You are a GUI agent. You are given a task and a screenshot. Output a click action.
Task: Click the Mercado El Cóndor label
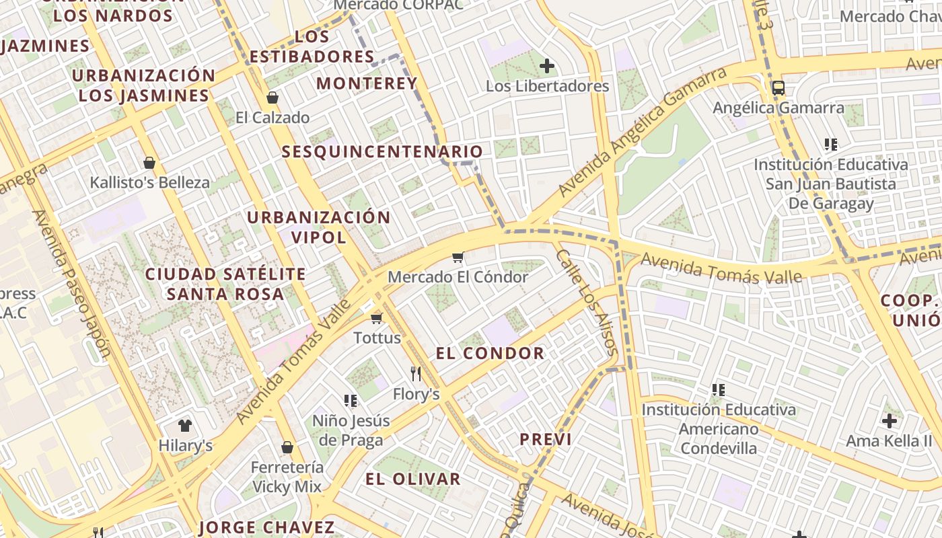pyautogui.click(x=458, y=277)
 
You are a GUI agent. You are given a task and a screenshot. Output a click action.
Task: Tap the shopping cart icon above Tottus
pyautogui.click(x=376, y=317)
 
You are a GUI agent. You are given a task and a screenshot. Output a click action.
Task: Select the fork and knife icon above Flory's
pyautogui.click(x=416, y=373)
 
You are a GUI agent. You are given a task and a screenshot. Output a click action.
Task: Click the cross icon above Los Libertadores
pyautogui.click(x=547, y=66)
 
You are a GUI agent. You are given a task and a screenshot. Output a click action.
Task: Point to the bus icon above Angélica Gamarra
pyautogui.click(x=778, y=87)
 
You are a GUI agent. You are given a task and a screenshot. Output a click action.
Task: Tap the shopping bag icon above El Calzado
pyautogui.click(x=273, y=98)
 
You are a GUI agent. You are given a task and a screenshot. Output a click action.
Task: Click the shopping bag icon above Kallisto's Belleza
pyautogui.click(x=149, y=162)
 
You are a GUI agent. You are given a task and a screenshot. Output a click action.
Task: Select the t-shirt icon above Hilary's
pyautogui.click(x=185, y=425)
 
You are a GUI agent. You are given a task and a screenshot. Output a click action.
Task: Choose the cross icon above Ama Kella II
pyautogui.click(x=889, y=421)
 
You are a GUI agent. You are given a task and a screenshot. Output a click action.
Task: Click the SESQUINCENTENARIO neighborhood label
pyautogui.click(x=382, y=152)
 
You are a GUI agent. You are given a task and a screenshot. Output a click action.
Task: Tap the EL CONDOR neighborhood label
pyautogui.click(x=490, y=353)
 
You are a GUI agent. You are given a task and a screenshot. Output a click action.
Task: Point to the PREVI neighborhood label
pyautogui.click(x=545, y=440)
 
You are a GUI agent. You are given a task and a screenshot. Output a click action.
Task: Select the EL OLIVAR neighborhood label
pyautogui.click(x=413, y=479)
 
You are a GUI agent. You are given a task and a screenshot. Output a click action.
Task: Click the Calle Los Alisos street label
pyautogui.click(x=587, y=302)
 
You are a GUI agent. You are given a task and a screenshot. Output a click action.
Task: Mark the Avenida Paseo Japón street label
pyautogui.click(x=71, y=282)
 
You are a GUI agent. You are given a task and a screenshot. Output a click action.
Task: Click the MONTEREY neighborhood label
pyautogui.click(x=367, y=83)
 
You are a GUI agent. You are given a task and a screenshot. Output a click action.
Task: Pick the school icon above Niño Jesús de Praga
pyautogui.click(x=350, y=401)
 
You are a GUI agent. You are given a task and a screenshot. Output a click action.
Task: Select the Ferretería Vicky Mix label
pyautogui.click(x=287, y=476)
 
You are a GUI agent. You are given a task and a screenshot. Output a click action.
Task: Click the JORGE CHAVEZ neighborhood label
pyautogui.click(x=266, y=527)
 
